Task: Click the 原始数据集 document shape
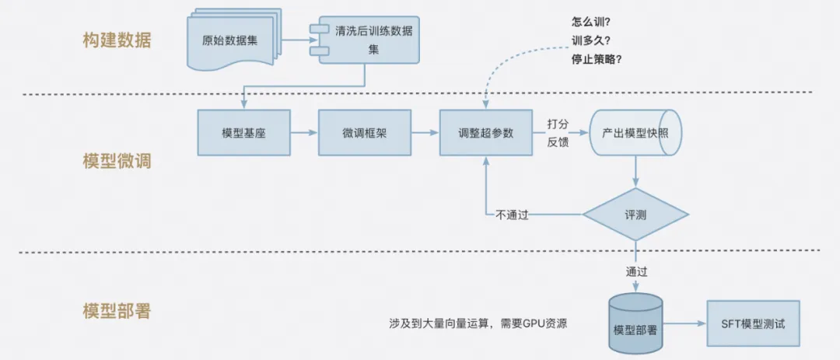(229, 40)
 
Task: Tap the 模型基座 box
(243, 133)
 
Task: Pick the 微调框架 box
(364, 133)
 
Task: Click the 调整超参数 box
(486, 133)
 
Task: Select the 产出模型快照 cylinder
(635, 133)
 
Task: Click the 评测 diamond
(635, 215)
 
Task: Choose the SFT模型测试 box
(753, 323)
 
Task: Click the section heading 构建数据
(117, 40)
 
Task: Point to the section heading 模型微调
(117, 162)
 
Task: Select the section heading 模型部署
(117, 312)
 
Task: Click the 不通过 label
(512, 215)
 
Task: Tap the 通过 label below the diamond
(636, 272)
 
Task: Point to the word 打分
(558, 124)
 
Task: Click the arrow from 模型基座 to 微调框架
(304, 133)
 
